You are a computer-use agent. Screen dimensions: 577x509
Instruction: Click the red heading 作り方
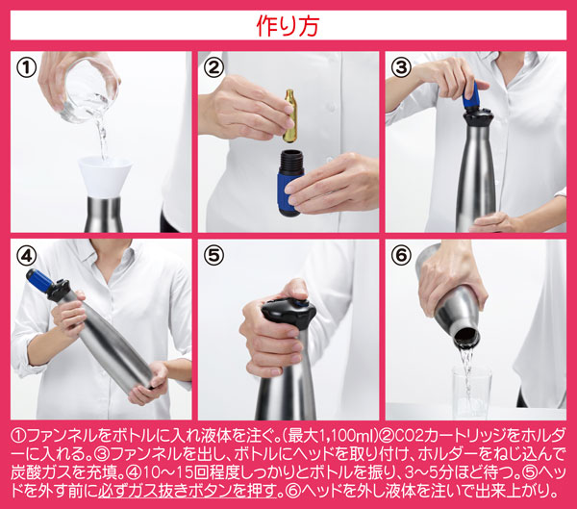tap(288, 26)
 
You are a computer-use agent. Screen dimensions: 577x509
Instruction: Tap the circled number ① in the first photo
tap(27, 68)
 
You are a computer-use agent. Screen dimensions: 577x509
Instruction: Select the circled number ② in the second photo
tap(213, 67)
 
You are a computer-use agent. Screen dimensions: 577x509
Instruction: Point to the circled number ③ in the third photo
tap(401, 67)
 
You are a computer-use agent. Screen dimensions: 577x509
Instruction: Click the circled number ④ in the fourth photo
tap(27, 256)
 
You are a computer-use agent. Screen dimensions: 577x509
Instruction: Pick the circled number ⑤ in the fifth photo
tap(213, 256)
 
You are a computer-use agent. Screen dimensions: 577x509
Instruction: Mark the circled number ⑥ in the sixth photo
tap(401, 256)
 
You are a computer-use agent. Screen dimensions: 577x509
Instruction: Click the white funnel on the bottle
tap(105, 177)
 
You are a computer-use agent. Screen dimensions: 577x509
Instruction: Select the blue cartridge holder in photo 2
tap(290, 183)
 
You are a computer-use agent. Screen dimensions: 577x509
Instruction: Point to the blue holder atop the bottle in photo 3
tap(471, 96)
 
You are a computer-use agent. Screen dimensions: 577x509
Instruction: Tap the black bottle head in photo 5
tap(288, 313)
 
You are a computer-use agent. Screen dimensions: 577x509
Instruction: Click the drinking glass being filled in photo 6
tap(472, 393)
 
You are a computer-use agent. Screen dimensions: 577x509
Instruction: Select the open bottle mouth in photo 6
tap(466, 336)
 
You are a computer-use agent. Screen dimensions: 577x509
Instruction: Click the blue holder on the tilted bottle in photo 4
tap(40, 280)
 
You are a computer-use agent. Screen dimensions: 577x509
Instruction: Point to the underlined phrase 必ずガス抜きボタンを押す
tap(188, 491)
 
